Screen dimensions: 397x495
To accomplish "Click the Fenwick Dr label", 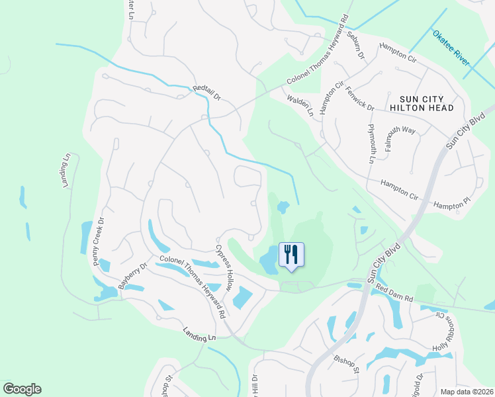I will click(x=360, y=99).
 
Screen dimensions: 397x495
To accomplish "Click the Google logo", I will click(x=22, y=389).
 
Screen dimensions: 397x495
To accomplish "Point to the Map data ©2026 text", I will click(x=467, y=392).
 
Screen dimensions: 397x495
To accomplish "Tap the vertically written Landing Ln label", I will click(x=66, y=171).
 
